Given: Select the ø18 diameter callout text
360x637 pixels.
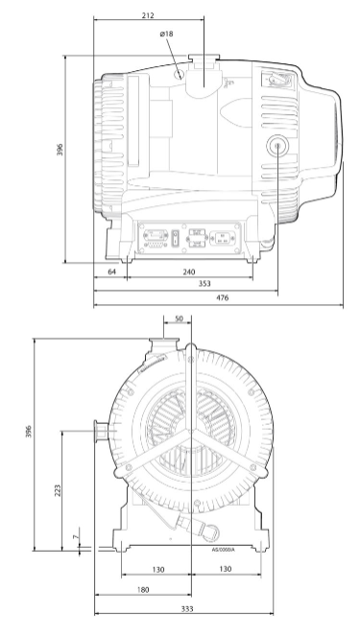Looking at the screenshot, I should click(166, 34).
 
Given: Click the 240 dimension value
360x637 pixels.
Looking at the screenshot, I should click(190, 271).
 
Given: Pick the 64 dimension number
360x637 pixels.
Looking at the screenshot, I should click(112, 271).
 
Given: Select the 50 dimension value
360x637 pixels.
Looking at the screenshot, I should click(178, 320).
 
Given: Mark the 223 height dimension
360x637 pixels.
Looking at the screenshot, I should click(60, 490).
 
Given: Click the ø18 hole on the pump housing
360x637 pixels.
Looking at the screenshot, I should click(180, 72).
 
